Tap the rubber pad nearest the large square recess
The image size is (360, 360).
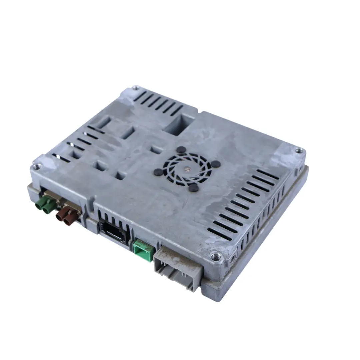181,150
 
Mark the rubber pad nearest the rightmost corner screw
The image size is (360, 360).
216,164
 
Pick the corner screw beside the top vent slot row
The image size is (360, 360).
135,88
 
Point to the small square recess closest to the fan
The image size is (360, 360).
156,150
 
